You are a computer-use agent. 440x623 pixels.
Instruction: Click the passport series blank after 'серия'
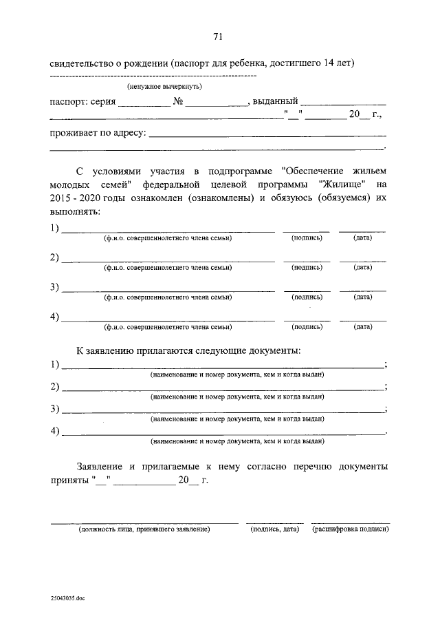click(144, 105)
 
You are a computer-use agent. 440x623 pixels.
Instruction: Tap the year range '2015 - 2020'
click(75, 198)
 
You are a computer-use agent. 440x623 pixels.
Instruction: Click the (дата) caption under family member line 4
click(362, 327)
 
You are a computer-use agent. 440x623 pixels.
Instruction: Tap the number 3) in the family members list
click(54, 287)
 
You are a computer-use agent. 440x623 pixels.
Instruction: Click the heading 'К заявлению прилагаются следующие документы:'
click(188, 350)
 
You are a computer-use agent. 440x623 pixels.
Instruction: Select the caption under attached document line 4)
click(237, 441)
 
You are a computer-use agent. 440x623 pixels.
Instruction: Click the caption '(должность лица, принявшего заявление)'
click(144, 529)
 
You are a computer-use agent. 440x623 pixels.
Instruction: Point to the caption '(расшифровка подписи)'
click(350, 529)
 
